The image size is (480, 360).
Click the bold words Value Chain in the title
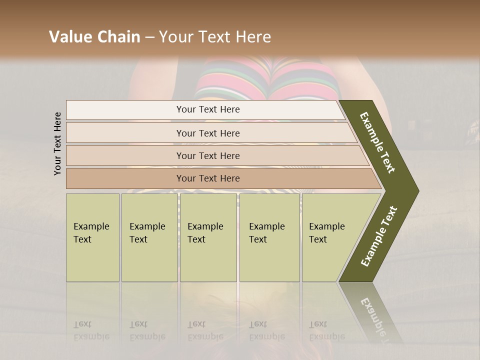(94, 37)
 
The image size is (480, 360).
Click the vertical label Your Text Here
(57, 143)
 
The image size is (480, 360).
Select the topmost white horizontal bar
(205, 109)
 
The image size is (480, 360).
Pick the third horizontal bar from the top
(215, 155)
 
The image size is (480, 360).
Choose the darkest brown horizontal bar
(220, 178)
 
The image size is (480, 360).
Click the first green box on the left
(92, 237)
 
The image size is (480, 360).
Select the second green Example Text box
(149, 237)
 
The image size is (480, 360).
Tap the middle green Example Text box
(208, 237)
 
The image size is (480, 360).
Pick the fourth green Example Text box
(269, 237)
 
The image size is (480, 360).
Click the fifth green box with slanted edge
(330, 237)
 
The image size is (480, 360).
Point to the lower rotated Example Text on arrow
(379, 236)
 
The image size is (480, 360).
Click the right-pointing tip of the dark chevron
(416, 191)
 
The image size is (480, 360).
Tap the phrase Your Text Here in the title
(215, 37)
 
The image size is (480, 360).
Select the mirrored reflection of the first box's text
(91, 330)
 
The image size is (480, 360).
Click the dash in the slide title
(149, 37)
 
